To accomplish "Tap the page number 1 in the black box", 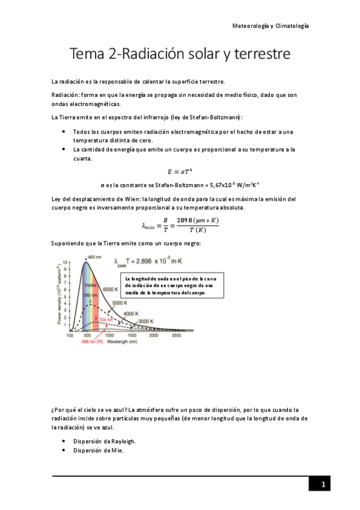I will click(x=323, y=484).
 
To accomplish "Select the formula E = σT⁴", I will click(x=180, y=171).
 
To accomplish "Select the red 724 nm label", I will click(x=106, y=320).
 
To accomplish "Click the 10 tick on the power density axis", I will click(x=66, y=263).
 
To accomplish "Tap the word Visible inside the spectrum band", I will click(x=90, y=285).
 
